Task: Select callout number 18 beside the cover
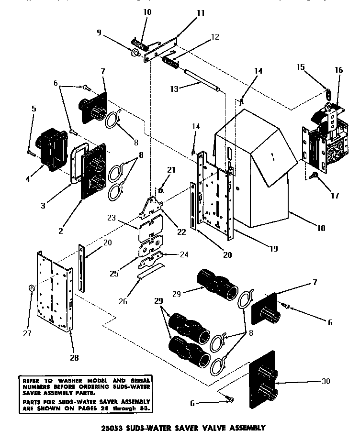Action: pos(321,228)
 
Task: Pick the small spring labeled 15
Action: pos(328,93)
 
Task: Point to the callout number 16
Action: pos(339,70)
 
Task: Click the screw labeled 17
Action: pos(315,176)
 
